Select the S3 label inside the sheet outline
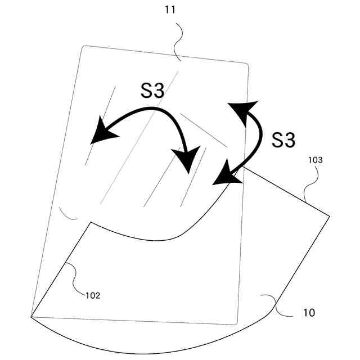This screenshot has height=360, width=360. point(152,91)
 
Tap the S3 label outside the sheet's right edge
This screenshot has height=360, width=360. point(283,139)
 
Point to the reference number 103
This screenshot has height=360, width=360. point(316,160)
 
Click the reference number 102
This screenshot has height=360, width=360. point(93,295)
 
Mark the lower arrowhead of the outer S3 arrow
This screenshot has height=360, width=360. point(226,174)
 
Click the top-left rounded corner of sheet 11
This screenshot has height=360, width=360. point(84,48)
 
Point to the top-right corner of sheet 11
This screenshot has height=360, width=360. point(246,66)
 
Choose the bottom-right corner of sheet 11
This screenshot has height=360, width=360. point(236,323)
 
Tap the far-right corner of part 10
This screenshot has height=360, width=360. point(329,215)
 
